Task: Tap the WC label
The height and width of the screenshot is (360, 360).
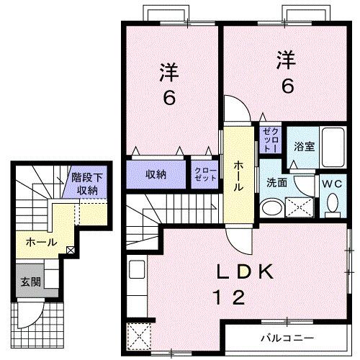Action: pos(331,183)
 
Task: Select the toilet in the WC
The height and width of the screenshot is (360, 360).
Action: pos(332,205)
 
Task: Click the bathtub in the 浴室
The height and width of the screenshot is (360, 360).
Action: pos(332,147)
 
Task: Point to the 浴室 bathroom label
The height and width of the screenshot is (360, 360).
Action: pos(303,146)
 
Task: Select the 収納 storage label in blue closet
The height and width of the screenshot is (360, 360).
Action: pos(157,174)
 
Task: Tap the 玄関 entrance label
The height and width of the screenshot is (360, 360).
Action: pos(30,282)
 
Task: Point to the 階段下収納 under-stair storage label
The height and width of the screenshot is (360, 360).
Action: pos(87,184)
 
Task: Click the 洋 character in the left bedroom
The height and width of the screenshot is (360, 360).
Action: pos(168,73)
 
